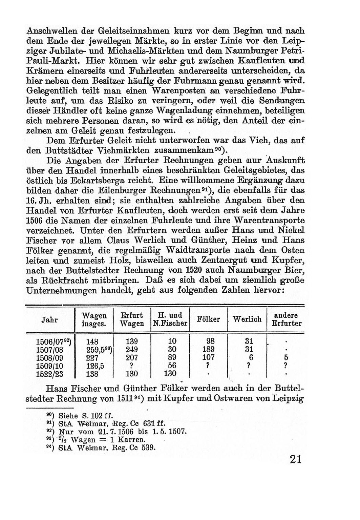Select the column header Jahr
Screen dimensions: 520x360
click(x=49, y=319)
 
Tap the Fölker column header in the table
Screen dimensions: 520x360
click(x=208, y=319)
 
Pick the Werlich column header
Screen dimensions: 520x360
click(x=247, y=319)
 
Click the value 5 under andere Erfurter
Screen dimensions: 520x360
click(x=286, y=358)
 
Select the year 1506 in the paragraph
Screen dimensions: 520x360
click(x=34, y=221)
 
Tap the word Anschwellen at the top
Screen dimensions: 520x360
click(x=52, y=30)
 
